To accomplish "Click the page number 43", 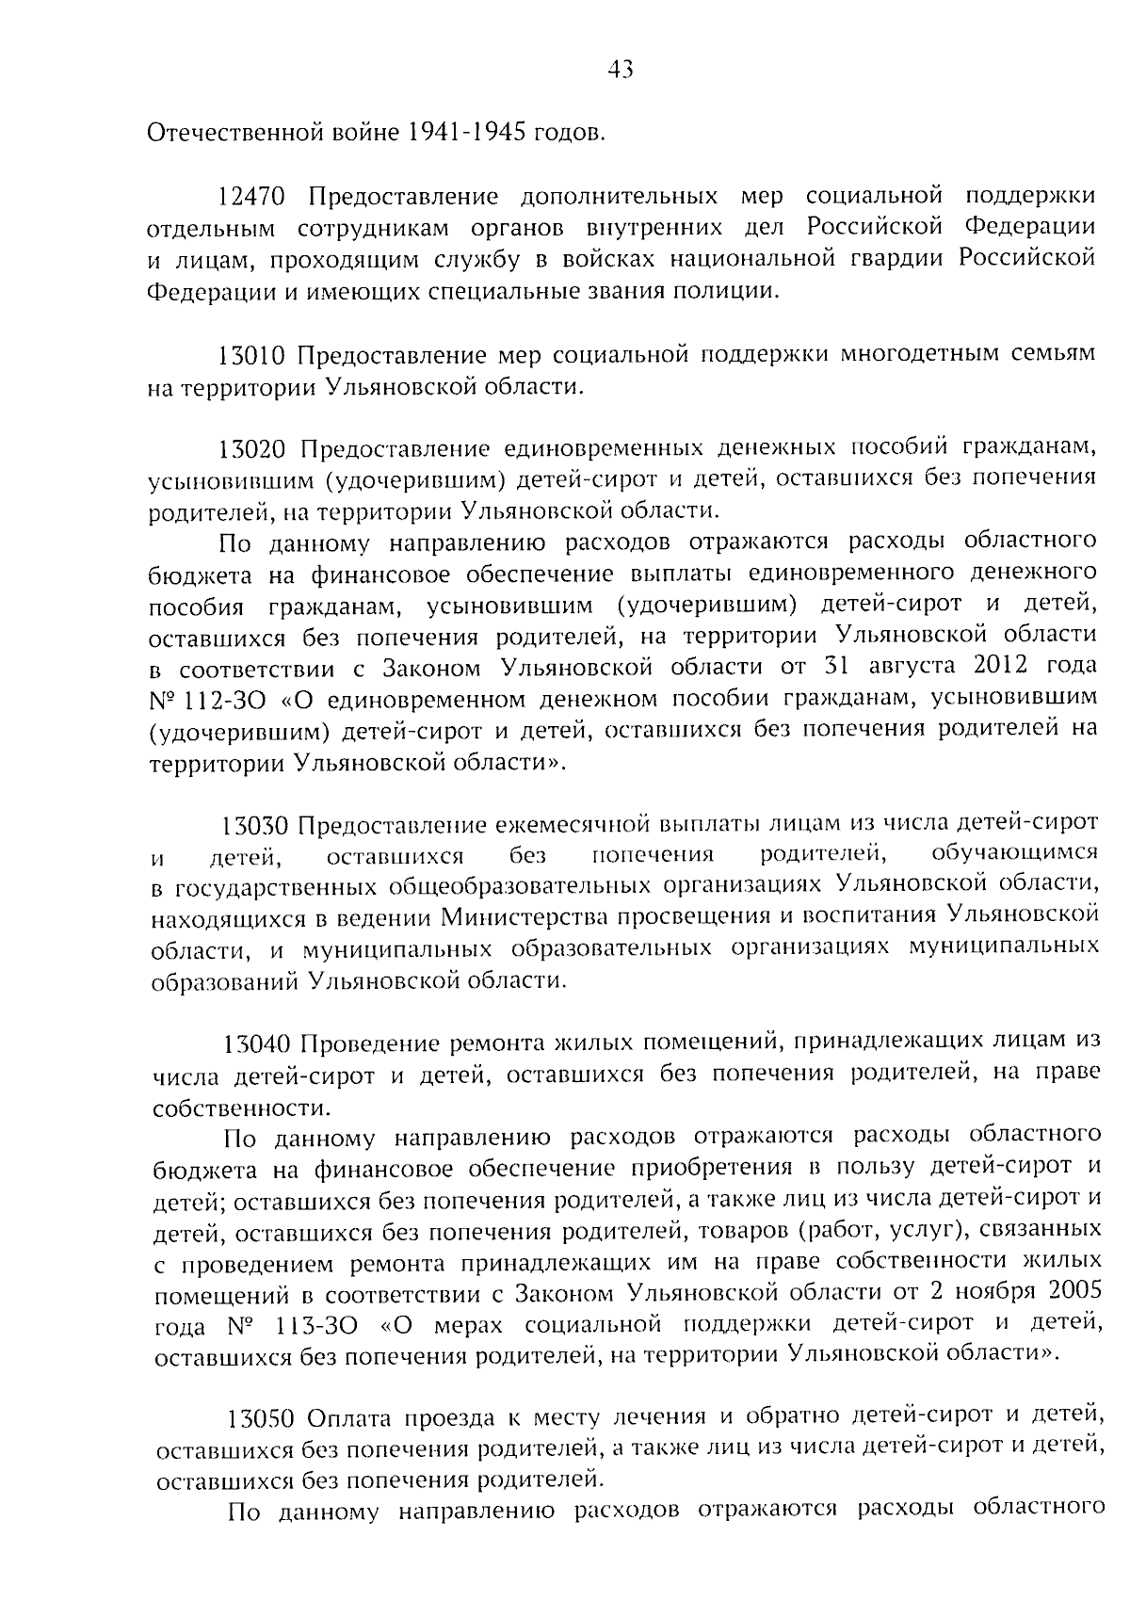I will [621, 70].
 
